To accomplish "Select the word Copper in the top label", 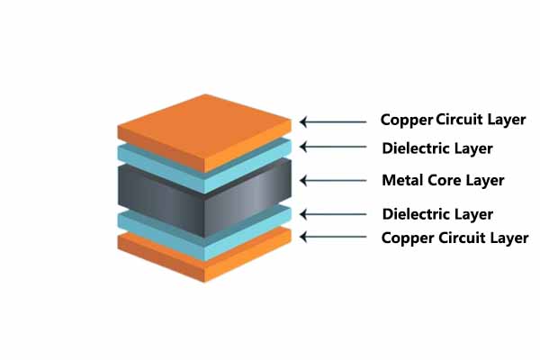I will (407, 120).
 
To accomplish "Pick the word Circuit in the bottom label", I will (463, 238).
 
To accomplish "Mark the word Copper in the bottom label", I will (408, 238).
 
